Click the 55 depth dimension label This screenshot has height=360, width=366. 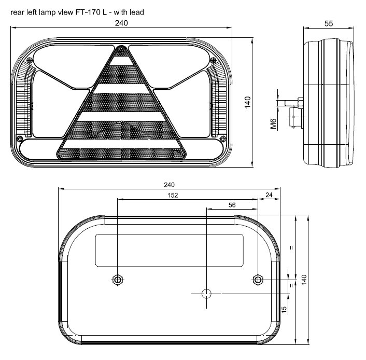(329, 23)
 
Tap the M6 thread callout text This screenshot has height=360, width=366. (273, 123)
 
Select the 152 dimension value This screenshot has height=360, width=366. (173, 195)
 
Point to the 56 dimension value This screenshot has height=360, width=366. (232, 205)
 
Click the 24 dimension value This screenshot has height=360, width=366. (269, 195)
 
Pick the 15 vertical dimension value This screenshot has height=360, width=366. (284, 310)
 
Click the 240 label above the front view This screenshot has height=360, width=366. (121, 23)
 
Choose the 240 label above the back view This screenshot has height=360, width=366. (169, 185)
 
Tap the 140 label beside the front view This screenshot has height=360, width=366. (247, 102)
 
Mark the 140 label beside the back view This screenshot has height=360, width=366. (304, 280)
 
